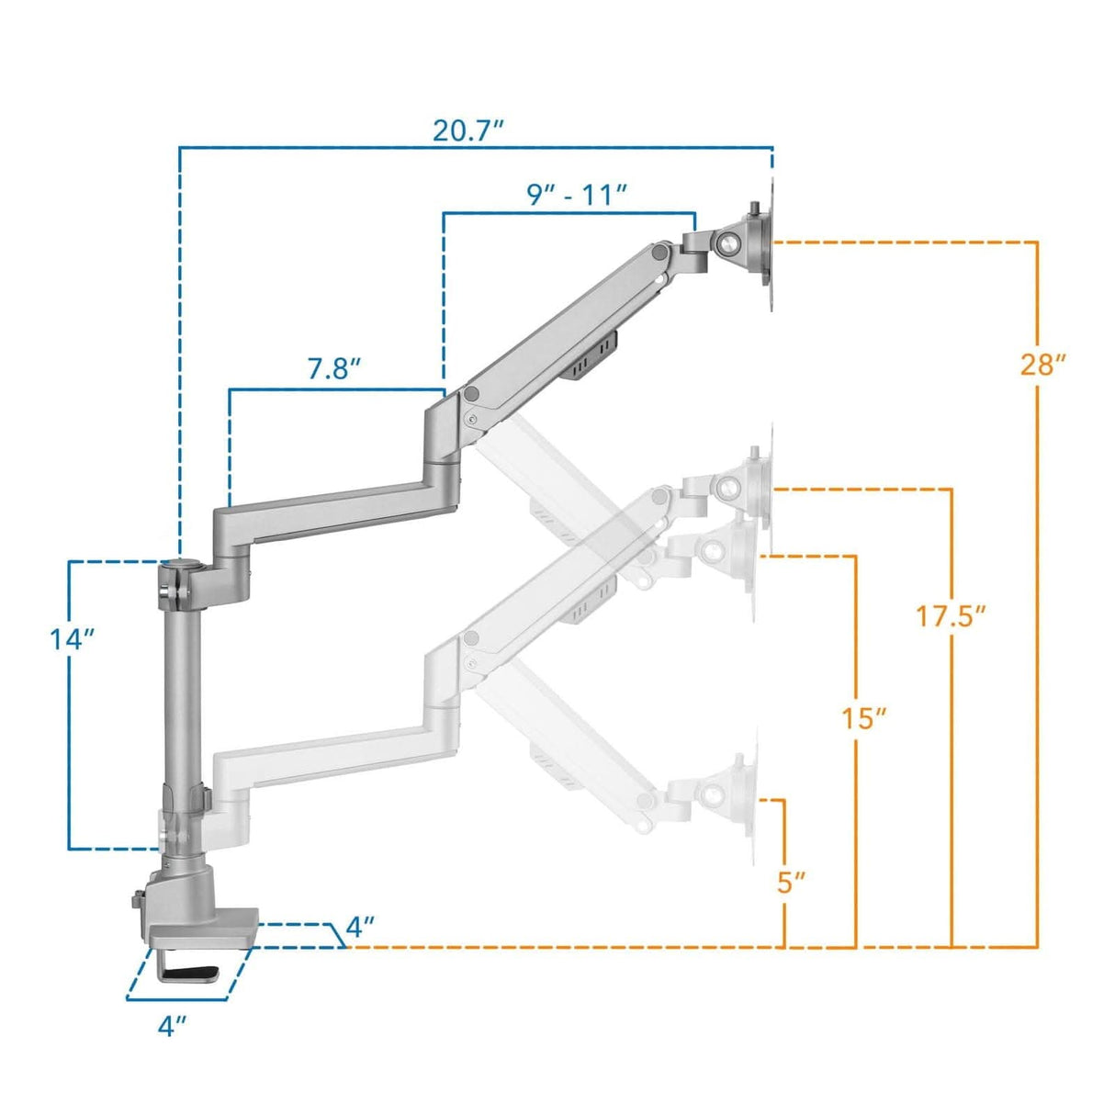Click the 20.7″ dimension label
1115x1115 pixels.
(468, 130)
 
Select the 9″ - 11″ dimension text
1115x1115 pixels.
(577, 195)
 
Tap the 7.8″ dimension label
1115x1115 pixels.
(333, 368)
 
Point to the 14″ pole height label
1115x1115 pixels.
(73, 638)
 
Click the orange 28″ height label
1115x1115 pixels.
(1042, 365)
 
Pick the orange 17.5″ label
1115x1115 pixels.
(951, 615)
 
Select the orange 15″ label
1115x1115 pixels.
(864, 717)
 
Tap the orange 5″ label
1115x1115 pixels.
(791, 883)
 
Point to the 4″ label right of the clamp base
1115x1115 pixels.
(360, 927)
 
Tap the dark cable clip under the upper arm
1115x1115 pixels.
(591, 354)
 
